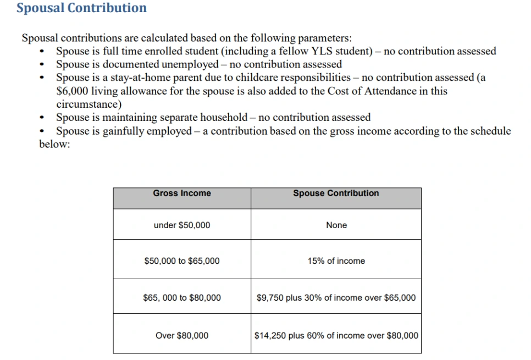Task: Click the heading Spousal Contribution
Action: [x=81, y=8]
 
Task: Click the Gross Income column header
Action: [x=181, y=193]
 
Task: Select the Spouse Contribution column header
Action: [x=336, y=193]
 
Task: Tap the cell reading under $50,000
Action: [x=181, y=225]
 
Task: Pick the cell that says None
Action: [x=336, y=225]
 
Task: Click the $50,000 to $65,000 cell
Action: [x=181, y=261]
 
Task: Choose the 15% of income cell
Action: [x=336, y=261]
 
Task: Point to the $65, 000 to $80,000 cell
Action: [x=181, y=298]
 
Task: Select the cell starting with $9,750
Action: [x=336, y=298]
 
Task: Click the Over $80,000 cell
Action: [x=181, y=335]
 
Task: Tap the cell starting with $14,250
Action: [x=336, y=335]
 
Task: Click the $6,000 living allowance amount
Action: [x=70, y=91]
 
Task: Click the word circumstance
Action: [x=87, y=104]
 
